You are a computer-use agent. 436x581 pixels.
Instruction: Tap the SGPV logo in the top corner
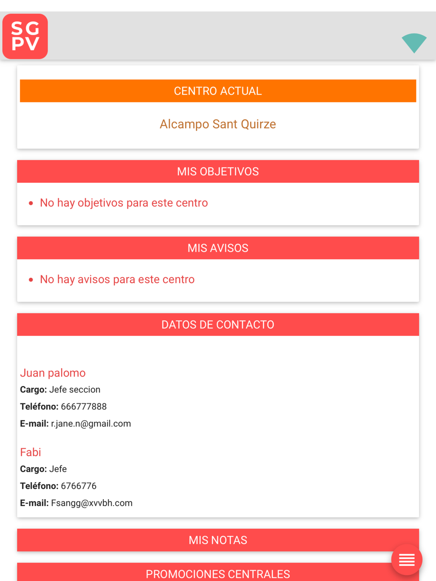(25, 37)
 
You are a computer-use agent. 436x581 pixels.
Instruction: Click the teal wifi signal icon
(414, 43)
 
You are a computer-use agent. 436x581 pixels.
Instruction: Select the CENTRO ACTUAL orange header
(218, 91)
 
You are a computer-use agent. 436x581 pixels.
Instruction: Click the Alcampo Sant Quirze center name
(218, 124)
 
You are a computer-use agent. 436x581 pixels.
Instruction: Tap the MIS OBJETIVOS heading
(218, 172)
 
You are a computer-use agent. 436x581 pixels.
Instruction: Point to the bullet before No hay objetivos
(31, 203)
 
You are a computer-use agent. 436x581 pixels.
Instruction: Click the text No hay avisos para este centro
(117, 279)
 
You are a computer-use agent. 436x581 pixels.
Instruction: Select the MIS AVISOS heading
(218, 248)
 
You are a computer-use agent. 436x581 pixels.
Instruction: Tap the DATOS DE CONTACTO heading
(218, 325)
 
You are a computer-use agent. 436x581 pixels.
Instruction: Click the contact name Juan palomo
(53, 373)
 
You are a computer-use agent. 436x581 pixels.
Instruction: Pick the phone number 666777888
(84, 407)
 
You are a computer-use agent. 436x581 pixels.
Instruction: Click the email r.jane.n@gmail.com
(91, 424)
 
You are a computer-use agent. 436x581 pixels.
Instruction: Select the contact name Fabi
(31, 452)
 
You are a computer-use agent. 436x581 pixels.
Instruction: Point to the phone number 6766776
(78, 486)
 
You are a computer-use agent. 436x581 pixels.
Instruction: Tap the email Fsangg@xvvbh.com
(92, 503)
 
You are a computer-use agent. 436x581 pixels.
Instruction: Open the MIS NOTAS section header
(218, 540)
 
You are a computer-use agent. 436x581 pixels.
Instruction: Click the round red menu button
(406, 560)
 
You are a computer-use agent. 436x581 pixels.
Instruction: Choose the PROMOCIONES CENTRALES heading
(218, 574)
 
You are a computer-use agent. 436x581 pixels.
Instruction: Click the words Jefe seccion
(75, 390)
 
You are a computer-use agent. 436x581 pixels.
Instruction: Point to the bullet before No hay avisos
(31, 280)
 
